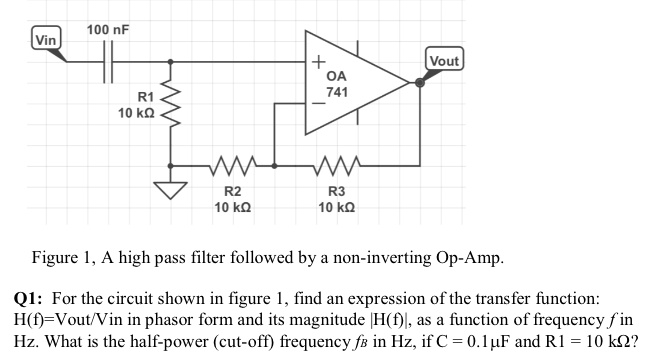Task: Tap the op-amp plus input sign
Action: (x=316, y=63)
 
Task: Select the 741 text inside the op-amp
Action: (x=337, y=92)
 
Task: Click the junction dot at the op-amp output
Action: (x=421, y=83)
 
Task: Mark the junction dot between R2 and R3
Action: (x=277, y=164)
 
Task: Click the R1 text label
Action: (x=145, y=97)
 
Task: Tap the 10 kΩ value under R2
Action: (x=231, y=207)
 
